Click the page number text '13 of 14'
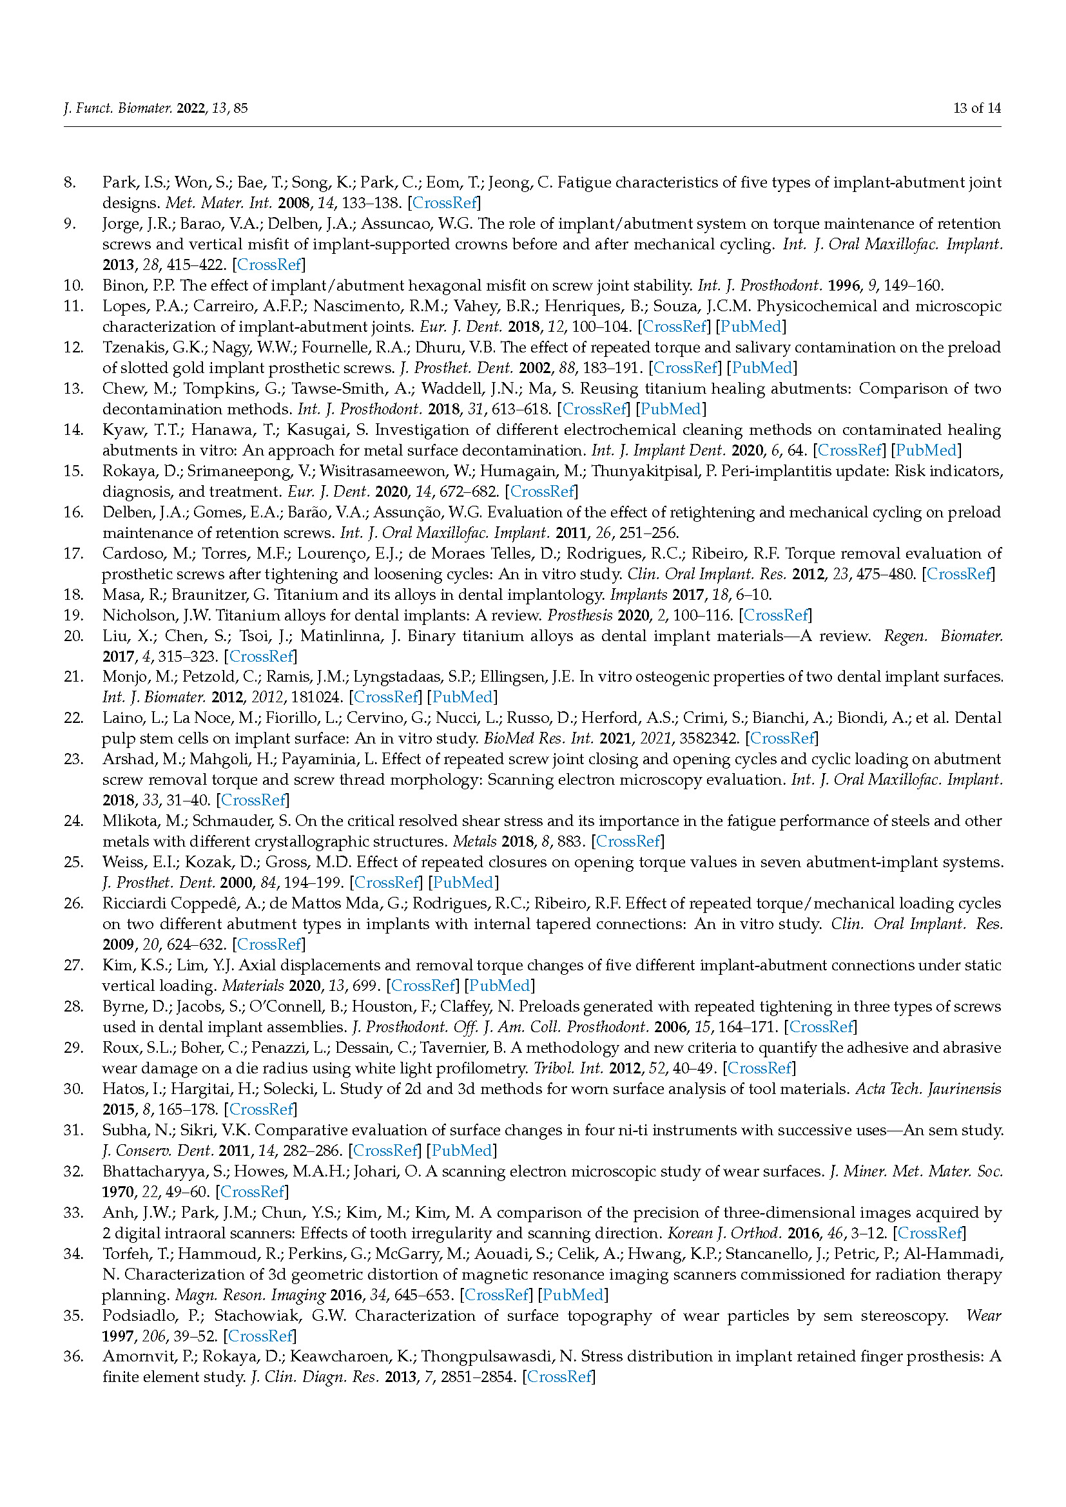point(976,108)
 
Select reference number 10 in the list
point(73,285)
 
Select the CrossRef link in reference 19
point(775,615)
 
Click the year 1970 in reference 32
point(119,1191)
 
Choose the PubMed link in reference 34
point(572,1294)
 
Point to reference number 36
point(73,1356)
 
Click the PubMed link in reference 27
point(499,985)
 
